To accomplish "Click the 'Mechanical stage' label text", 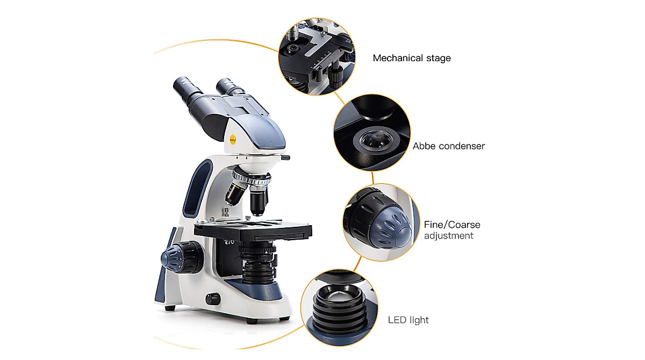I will coord(412,58).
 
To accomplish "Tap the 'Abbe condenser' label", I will coord(449,146).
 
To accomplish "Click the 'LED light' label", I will coord(408,320).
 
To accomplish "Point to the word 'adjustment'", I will coord(449,236).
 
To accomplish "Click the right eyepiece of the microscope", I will coord(228,85).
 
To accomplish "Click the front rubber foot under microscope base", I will coord(251,321).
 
